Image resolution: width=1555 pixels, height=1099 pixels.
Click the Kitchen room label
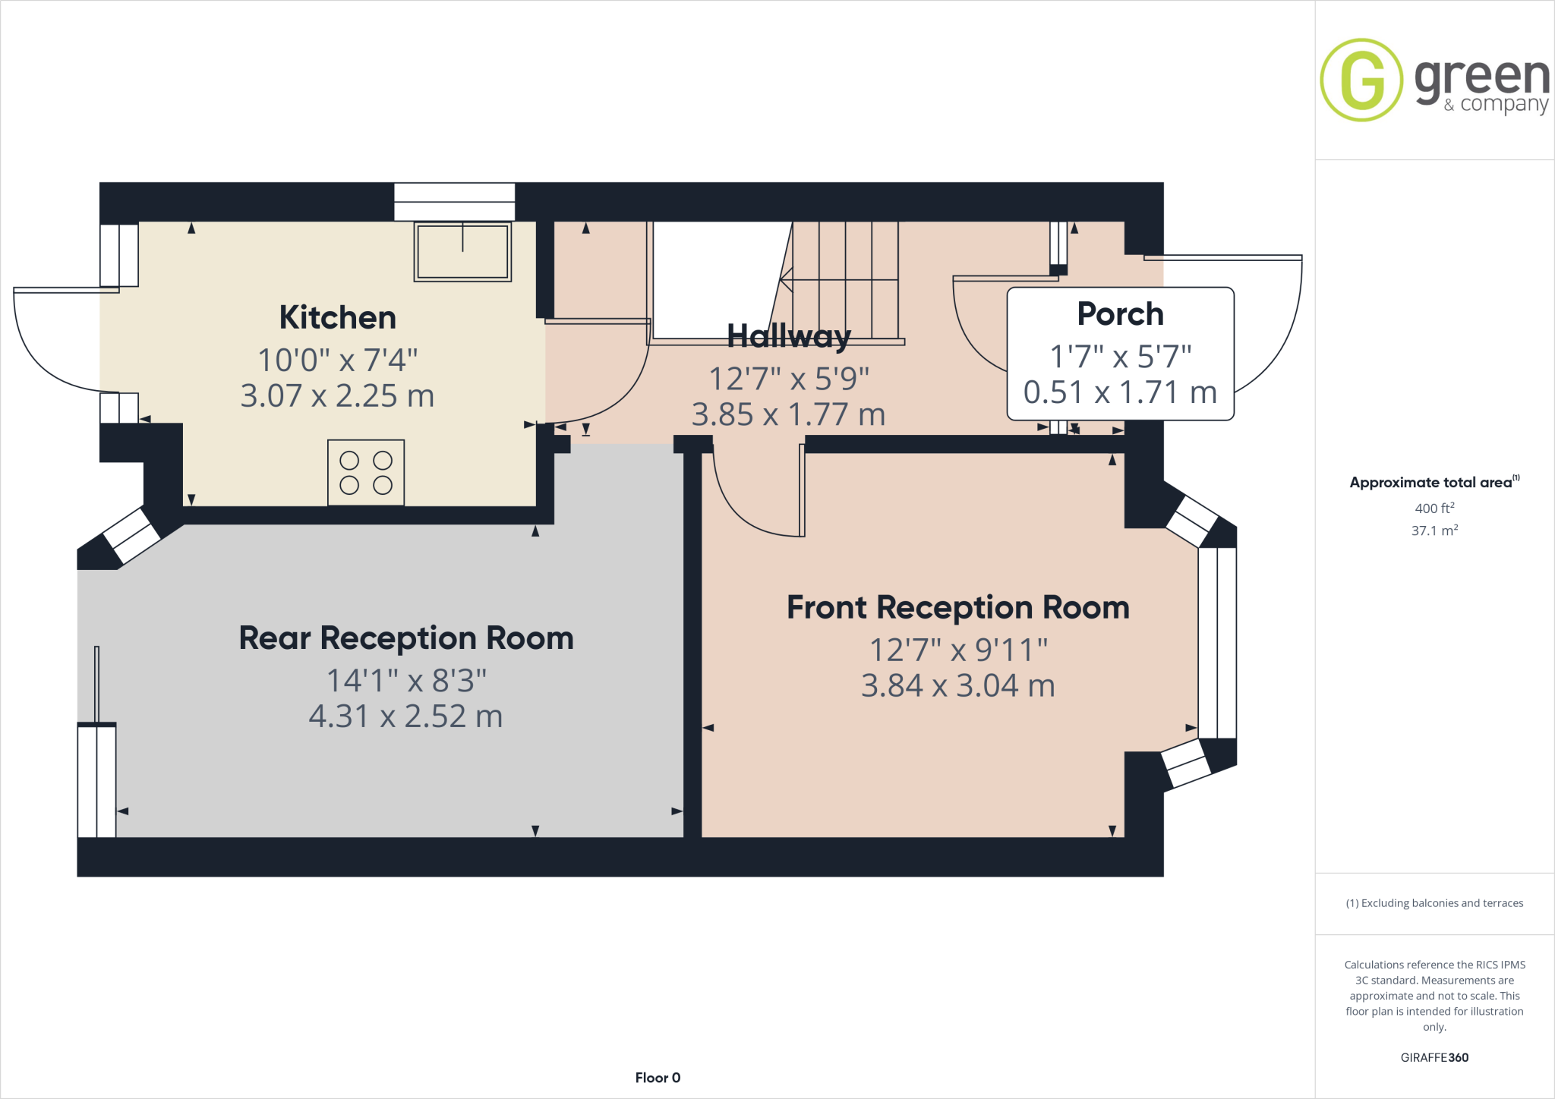point(337,317)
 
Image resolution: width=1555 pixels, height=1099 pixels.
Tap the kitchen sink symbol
point(462,251)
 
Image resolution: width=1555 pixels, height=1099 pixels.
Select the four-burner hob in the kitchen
point(366,472)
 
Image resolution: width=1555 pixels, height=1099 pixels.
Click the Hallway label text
point(788,335)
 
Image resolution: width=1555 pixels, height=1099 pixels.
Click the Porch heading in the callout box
point(1120,313)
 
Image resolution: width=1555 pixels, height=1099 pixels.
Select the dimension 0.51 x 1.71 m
point(1120,392)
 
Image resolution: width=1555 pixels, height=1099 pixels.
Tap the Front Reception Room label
point(957,607)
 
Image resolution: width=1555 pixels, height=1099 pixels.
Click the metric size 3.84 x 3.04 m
point(957,685)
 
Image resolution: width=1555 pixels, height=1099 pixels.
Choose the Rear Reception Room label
point(405,638)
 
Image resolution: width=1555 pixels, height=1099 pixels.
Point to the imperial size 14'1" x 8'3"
point(405,680)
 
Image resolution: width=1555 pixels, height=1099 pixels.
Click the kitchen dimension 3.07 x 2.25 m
point(337,395)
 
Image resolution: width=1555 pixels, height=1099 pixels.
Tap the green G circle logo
point(1361,80)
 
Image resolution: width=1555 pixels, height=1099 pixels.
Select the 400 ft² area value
point(1434,508)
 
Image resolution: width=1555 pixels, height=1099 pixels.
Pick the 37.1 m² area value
point(1434,531)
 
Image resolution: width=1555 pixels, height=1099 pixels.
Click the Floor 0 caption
point(658,1078)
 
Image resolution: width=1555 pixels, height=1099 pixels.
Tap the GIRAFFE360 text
point(1434,1057)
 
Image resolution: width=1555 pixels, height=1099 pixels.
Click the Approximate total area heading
point(1431,482)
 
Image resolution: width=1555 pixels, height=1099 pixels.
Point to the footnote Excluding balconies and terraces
point(1434,903)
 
